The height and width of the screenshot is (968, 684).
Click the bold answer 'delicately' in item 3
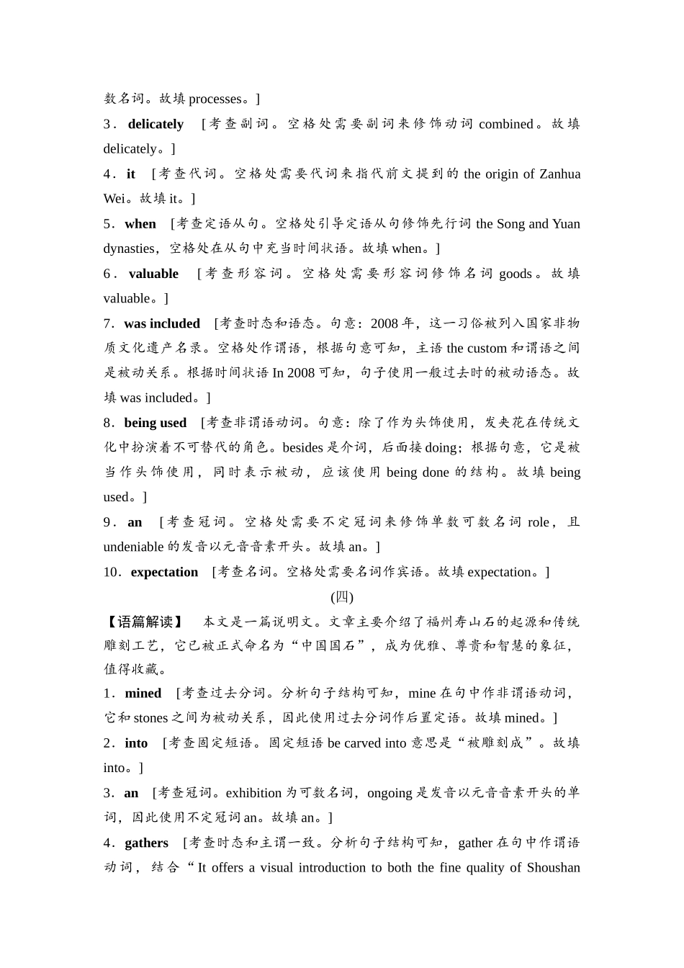(156, 124)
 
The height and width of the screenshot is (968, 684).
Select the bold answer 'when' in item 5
(140, 224)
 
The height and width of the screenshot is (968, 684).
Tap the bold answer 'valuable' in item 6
(153, 274)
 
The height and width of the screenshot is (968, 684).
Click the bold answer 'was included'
(162, 323)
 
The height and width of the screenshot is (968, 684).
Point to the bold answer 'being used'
(155, 423)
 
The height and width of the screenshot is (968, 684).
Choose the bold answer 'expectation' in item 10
(164, 572)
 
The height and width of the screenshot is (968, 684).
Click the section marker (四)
(342, 597)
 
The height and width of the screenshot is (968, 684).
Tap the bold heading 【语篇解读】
(143, 622)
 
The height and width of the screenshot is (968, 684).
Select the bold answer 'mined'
(143, 693)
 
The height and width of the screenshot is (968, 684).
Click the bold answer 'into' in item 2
(136, 743)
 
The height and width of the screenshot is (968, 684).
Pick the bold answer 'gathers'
(146, 843)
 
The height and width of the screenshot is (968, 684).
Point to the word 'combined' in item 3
(505, 124)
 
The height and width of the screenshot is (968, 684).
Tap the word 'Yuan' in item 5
(566, 224)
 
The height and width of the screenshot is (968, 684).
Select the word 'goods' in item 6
(516, 274)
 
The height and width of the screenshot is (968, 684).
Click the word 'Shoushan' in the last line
(553, 868)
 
